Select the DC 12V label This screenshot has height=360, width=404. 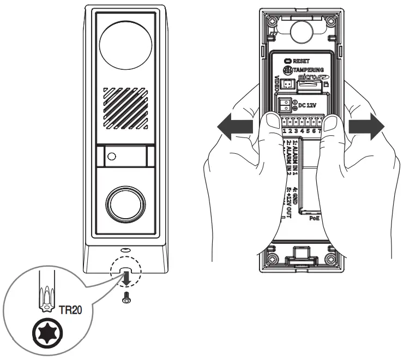tap(309, 103)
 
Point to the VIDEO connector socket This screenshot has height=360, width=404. tap(288, 83)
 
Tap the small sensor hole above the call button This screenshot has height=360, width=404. tap(112, 156)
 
